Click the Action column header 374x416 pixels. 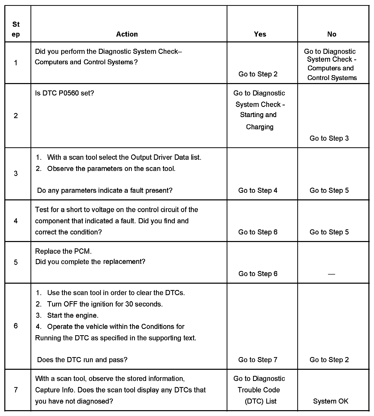[x=127, y=34]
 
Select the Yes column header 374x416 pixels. [x=260, y=34]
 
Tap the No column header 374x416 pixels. [x=332, y=34]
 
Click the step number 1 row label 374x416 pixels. [x=16, y=63]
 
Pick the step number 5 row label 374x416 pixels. [x=16, y=262]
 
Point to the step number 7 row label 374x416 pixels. [x=16, y=390]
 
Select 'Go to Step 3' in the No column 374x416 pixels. [x=329, y=138]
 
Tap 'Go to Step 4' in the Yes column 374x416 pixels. [x=258, y=190]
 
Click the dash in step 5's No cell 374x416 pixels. [x=331, y=274]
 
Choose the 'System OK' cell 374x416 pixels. [x=331, y=401]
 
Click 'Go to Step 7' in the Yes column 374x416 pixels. [x=258, y=360]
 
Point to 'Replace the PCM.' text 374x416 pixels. [x=63, y=251]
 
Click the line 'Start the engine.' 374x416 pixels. [x=73, y=315]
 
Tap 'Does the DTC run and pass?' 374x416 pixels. [x=82, y=360]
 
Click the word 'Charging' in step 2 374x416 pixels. [x=260, y=127]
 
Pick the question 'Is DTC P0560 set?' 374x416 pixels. [x=65, y=93]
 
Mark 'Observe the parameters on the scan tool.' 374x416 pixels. [x=111, y=169]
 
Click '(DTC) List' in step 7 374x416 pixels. [x=260, y=401]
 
